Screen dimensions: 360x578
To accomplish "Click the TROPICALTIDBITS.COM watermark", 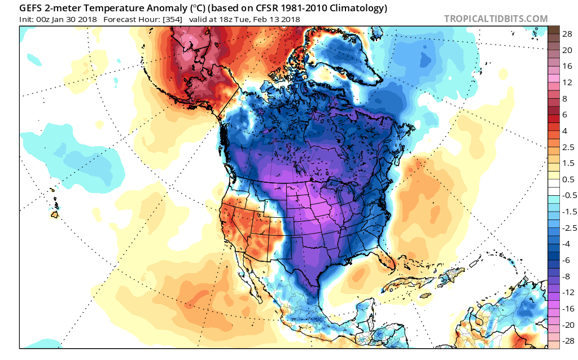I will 496,19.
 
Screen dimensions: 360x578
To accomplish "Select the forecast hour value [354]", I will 172,19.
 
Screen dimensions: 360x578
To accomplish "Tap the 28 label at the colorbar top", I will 567,34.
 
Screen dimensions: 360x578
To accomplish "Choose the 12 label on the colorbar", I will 567,82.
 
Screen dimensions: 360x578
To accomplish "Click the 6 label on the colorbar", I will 567,115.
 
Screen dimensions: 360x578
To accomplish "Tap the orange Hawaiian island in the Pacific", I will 55,214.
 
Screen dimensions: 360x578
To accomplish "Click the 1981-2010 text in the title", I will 286,8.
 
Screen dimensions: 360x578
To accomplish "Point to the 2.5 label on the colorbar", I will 567,147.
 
